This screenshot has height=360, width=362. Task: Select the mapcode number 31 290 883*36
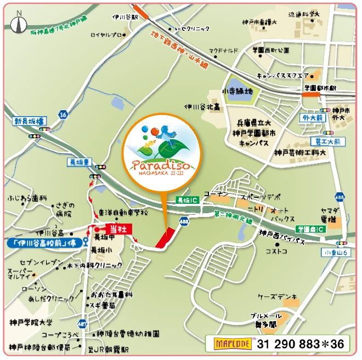(301, 344)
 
